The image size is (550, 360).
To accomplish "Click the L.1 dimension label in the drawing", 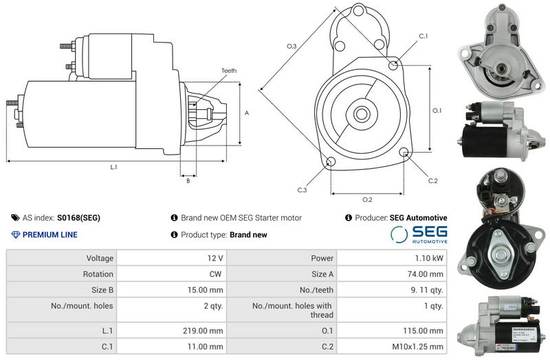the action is pos(113,167).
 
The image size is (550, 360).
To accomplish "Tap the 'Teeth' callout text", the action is pos(229,71).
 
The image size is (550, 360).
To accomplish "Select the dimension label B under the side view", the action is pos(188,181).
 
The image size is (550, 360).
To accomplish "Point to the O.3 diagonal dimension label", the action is pos(291,46).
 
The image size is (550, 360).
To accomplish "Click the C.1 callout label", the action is pos(423,36).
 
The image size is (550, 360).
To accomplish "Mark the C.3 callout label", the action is pos(302,190).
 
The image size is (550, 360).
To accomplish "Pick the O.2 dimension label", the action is pos(367,199).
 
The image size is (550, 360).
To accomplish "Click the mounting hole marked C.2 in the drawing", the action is pos(404,152).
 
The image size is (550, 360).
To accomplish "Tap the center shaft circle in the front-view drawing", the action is pos(360,114).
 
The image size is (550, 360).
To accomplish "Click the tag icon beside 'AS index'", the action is pos(15,218).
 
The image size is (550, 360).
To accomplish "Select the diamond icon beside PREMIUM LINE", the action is pos(15,234).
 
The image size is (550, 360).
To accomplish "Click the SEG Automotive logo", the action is pos(419,234).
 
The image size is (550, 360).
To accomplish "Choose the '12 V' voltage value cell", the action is pos(215,258).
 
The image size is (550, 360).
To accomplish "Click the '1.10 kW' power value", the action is pos(429,258).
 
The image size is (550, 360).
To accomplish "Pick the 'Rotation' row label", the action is pos(98,274).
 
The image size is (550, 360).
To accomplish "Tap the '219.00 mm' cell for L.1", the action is pos(203,330).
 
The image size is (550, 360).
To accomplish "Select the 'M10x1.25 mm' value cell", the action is pos(418,347).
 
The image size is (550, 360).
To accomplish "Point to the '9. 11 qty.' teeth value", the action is pos(427,290).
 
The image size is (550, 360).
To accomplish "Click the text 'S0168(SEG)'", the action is pos(78,218).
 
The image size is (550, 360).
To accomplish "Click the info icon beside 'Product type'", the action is pos(174,234).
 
